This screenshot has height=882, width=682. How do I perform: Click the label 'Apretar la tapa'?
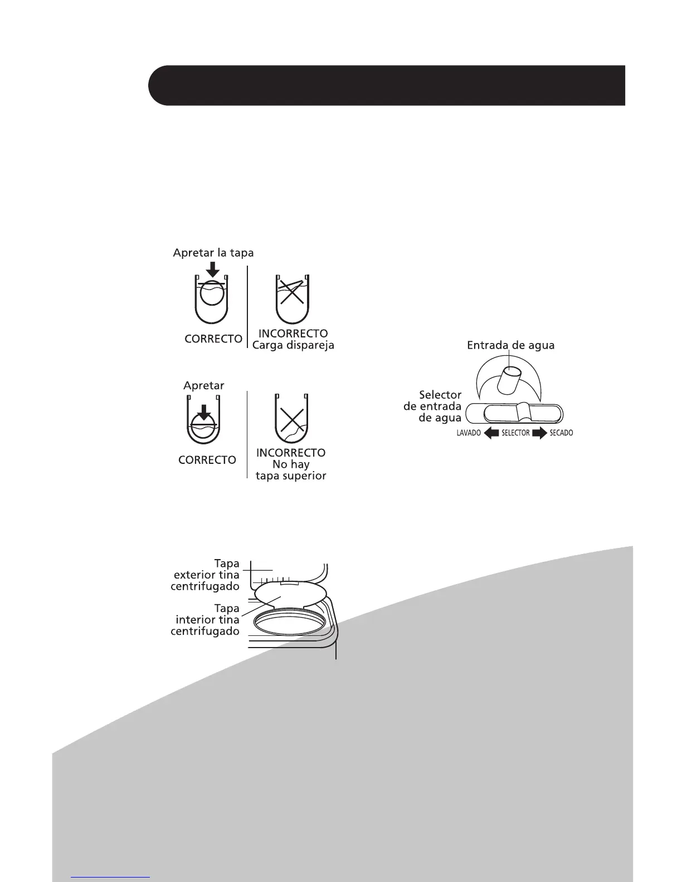[x=213, y=253]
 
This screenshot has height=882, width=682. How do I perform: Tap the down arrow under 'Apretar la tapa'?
[x=212, y=269]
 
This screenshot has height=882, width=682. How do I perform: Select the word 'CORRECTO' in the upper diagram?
[x=213, y=339]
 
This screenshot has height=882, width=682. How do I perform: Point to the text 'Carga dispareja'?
[x=293, y=345]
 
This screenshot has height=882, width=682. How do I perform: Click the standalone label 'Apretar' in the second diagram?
[x=204, y=385]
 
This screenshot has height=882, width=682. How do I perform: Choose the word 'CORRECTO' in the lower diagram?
[x=207, y=460]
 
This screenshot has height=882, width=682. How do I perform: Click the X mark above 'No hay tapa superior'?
[x=291, y=422]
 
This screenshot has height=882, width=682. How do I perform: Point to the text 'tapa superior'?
[x=291, y=476]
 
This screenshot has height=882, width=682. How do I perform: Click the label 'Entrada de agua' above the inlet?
[x=510, y=345]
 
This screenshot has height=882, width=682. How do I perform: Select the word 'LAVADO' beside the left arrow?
[x=469, y=433]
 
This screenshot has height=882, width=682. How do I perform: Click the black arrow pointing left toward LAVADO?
[x=491, y=433]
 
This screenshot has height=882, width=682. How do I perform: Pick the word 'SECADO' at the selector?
[x=561, y=433]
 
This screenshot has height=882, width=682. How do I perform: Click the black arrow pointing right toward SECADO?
[x=539, y=433]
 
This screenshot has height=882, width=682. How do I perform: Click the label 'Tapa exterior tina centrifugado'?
[x=206, y=575]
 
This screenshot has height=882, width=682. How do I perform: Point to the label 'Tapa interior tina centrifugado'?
[x=206, y=620]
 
